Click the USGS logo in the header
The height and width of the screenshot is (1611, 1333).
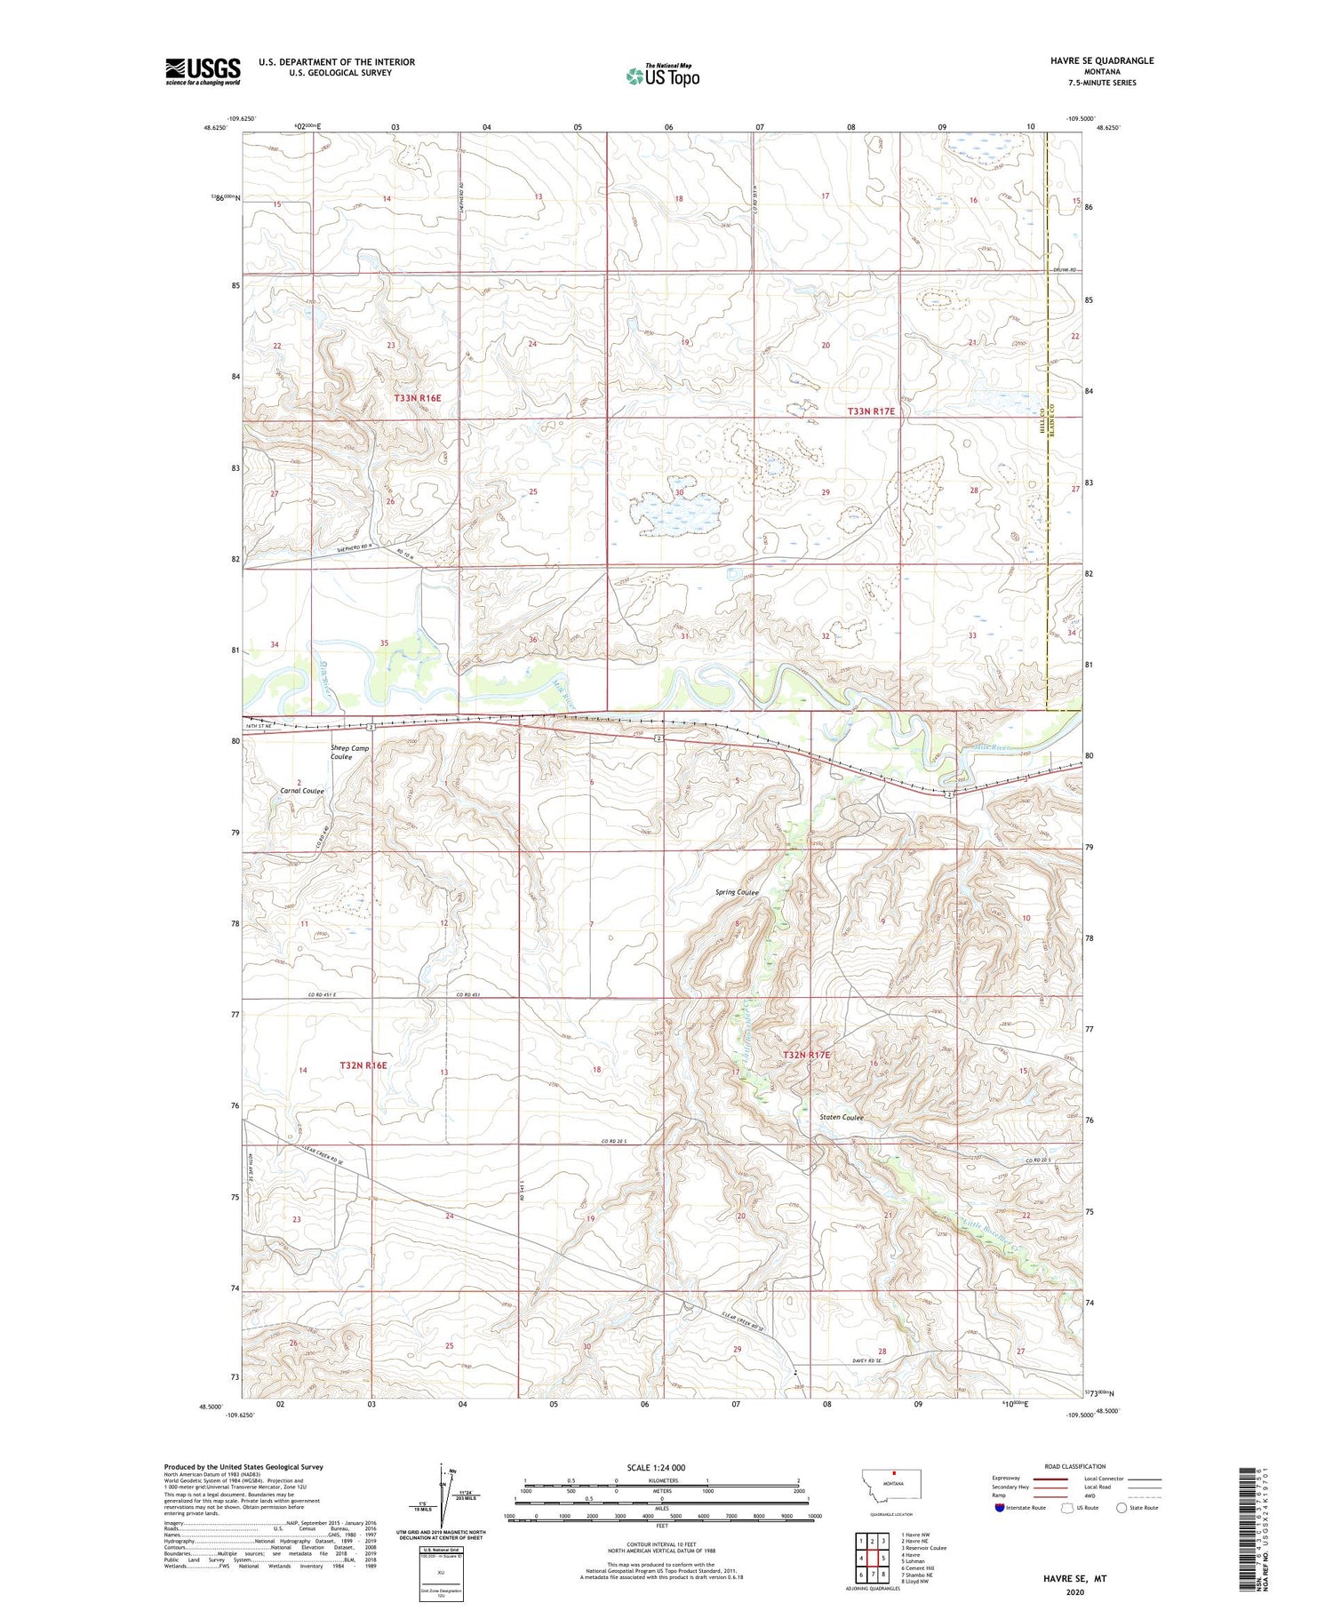point(203,71)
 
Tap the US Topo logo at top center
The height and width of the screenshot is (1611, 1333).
point(663,76)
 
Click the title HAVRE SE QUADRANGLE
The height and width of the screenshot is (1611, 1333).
point(1102,60)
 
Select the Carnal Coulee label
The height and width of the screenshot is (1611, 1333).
point(302,791)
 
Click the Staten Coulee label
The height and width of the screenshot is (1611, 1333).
point(842,1117)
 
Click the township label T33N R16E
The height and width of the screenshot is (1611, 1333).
point(417,398)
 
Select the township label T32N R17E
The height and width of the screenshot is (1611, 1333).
point(806,1055)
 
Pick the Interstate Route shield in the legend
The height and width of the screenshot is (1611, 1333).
point(1000,1508)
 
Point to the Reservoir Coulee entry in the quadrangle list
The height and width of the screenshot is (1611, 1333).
point(923,1548)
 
